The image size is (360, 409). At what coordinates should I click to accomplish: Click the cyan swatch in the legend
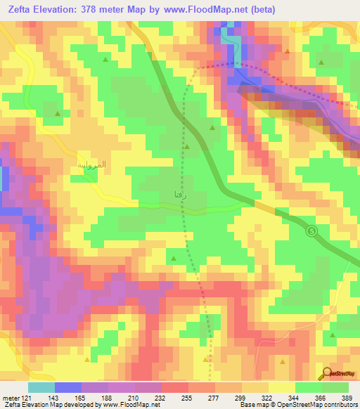[x=41, y=388]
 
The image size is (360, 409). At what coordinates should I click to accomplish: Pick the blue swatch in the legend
[x=68, y=388]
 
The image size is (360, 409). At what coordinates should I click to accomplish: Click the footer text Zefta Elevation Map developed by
[x=49, y=404]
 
